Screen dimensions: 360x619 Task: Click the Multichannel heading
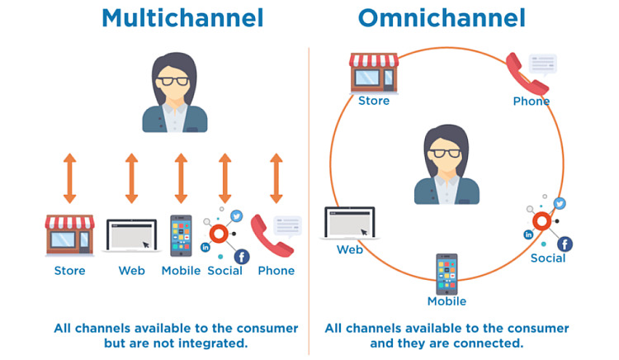coord(182,17)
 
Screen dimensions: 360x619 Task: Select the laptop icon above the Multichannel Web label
coord(131,236)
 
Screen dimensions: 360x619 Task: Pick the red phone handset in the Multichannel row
coord(272,235)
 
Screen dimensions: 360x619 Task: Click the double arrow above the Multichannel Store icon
coord(69,178)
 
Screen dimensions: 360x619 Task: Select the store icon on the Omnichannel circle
coord(374,72)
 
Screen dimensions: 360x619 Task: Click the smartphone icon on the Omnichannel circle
coord(447,274)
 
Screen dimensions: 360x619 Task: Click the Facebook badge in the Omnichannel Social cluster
coord(565,244)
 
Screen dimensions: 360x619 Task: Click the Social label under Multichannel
coord(224,271)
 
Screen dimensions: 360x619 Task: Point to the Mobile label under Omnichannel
coord(447,301)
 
